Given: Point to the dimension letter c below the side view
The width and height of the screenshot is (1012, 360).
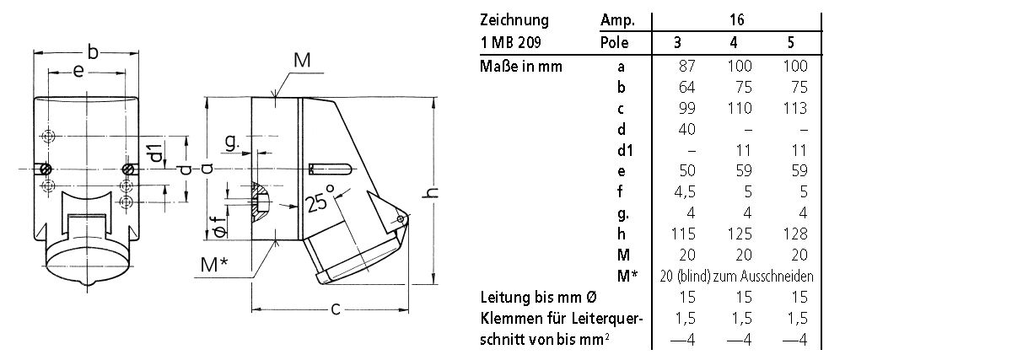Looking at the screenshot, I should click(x=335, y=309).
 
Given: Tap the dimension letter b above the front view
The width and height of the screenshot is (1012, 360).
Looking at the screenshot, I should click(x=94, y=53).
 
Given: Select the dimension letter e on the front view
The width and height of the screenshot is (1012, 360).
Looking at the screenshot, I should click(x=78, y=73).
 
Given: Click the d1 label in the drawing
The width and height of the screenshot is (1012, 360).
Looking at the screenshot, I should click(x=154, y=154).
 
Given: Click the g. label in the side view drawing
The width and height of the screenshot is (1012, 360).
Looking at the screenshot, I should click(x=232, y=143).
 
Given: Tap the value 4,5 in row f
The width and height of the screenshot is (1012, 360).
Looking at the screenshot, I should click(x=688, y=191).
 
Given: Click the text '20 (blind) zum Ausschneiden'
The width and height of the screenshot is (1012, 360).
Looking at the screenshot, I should click(x=738, y=276).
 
